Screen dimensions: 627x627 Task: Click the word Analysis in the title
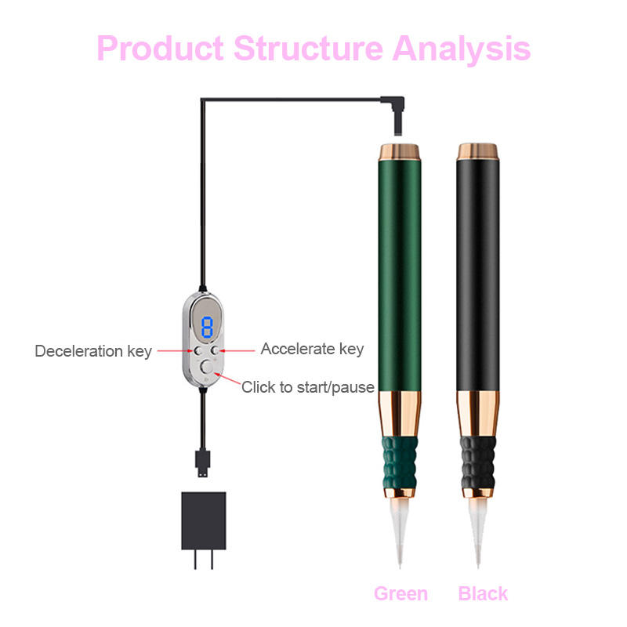tap(462, 48)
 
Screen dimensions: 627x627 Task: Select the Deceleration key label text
tap(93, 350)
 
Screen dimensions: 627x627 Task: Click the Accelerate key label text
tap(312, 349)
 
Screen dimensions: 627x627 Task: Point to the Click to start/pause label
tap(307, 387)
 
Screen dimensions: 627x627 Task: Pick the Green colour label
tap(400, 593)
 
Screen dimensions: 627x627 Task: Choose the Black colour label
tap(483, 593)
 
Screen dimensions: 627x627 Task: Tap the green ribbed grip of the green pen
tap(400, 466)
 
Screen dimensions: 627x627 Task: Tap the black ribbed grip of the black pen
tap(478, 466)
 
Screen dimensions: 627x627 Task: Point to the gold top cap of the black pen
tap(478, 151)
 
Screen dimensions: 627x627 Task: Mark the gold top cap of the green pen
tap(400, 151)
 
